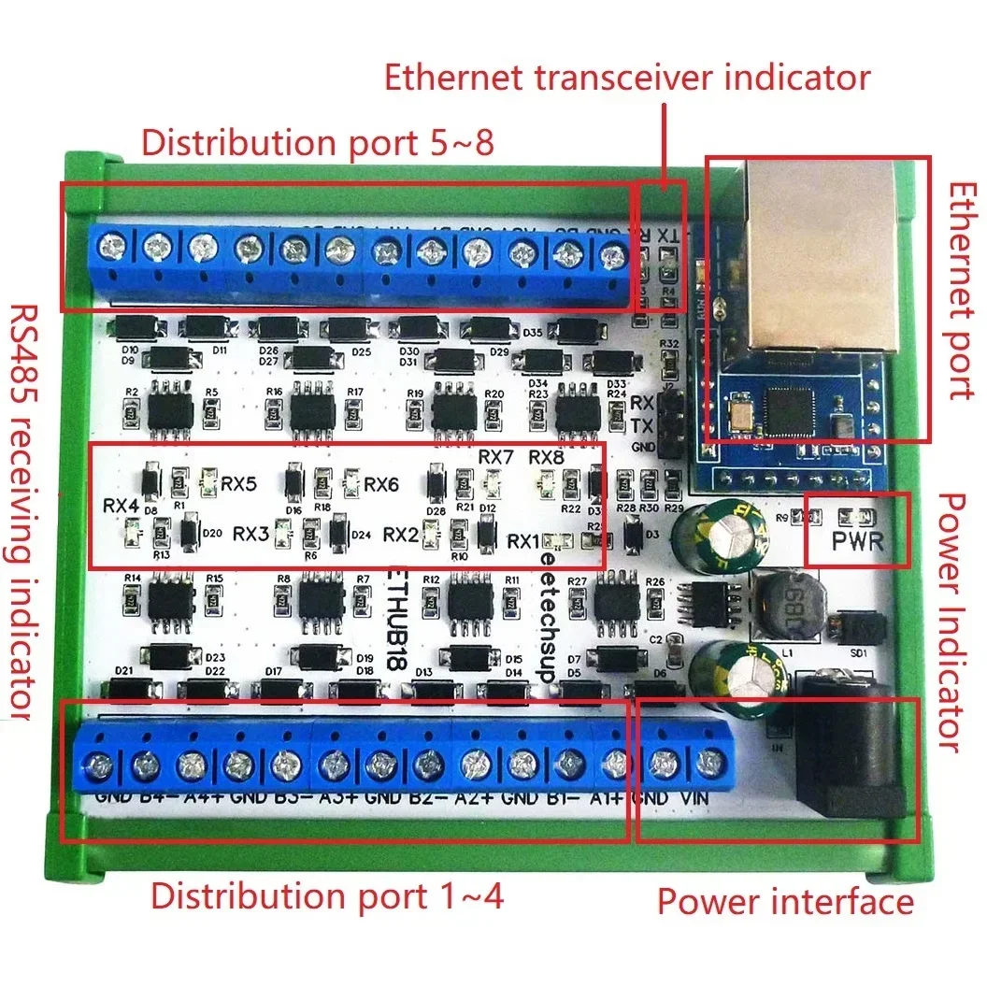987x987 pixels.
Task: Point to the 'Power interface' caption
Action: coord(785,901)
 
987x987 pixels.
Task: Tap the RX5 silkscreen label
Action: coord(239,484)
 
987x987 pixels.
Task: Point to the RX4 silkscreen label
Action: coord(122,506)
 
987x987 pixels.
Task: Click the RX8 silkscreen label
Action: coord(546,457)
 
